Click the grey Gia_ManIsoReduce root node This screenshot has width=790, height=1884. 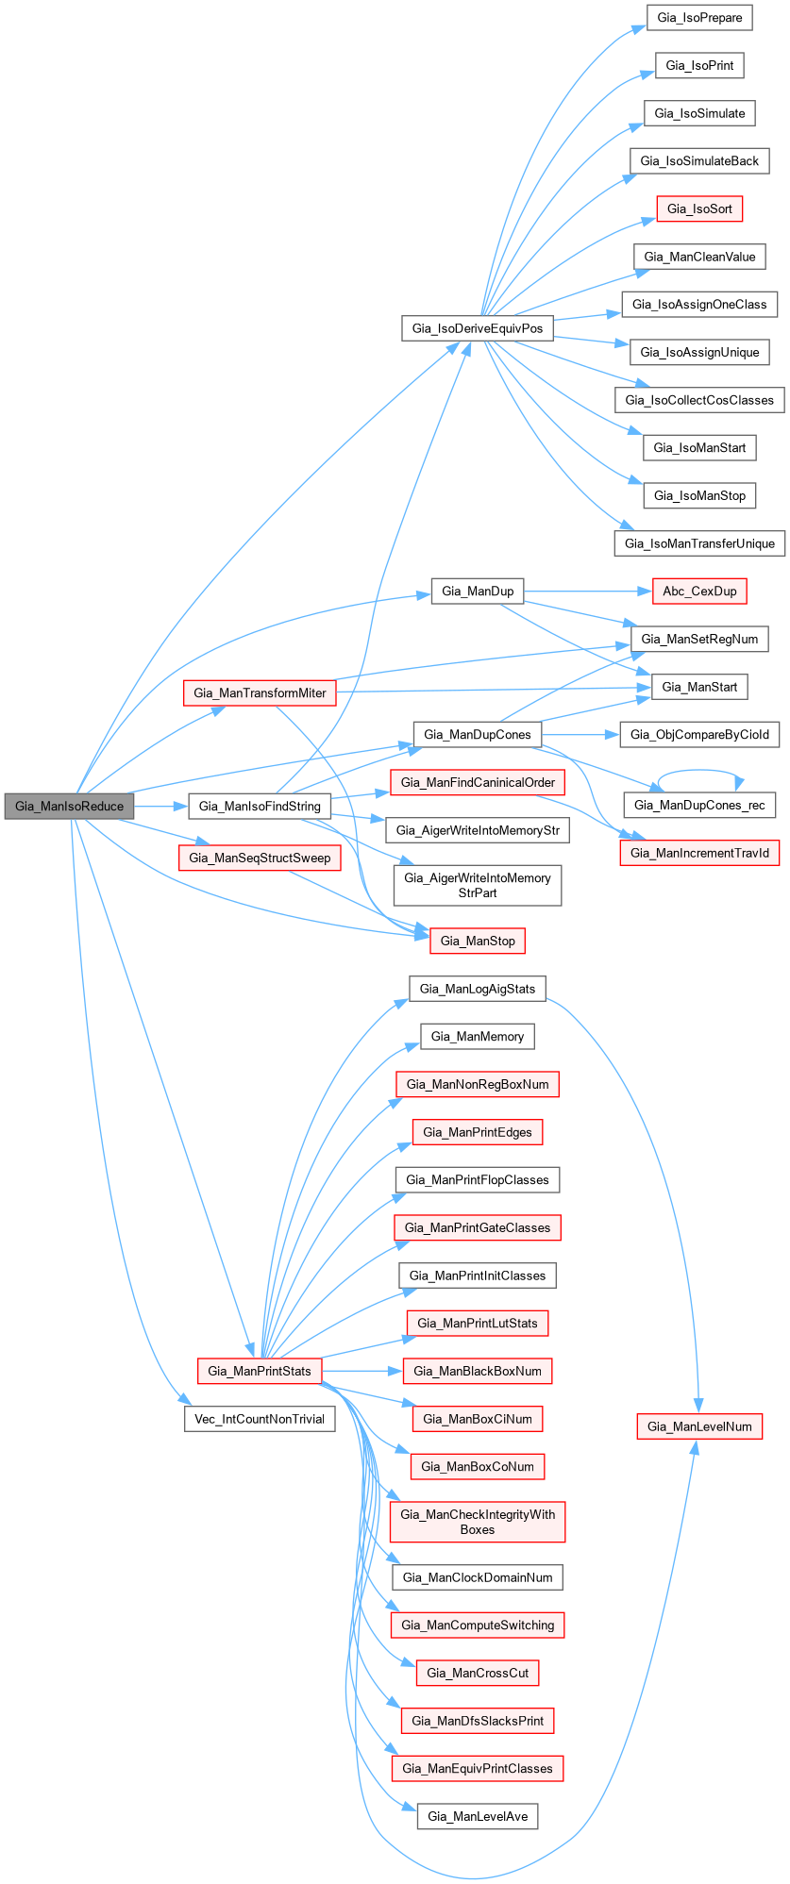coord(69,807)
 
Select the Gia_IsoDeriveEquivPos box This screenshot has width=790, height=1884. coord(478,328)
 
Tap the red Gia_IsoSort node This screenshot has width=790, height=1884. coord(699,208)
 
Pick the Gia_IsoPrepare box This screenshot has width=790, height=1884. coord(699,18)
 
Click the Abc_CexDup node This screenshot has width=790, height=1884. coord(699,592)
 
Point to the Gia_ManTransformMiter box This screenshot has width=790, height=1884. coord(260,692)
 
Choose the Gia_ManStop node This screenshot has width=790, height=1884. coord(478,941)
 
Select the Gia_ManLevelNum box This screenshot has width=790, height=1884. coord(699,1426)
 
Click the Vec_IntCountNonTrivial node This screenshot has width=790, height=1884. coord(260,1419)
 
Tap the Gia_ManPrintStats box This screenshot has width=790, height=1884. coord(260,1371)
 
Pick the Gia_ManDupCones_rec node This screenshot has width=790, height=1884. coord(699,805)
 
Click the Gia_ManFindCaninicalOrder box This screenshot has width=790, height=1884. coord(478,782)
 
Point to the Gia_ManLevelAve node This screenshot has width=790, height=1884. coord(478,1816)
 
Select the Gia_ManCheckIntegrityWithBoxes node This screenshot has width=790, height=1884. coord(478,1522)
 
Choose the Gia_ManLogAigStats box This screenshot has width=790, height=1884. coord(478,989)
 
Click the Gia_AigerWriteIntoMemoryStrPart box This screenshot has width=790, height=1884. coord(478,885)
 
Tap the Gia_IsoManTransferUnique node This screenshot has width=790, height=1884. coord(699,543)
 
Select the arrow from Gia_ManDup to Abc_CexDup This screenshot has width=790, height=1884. coord(585,592)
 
